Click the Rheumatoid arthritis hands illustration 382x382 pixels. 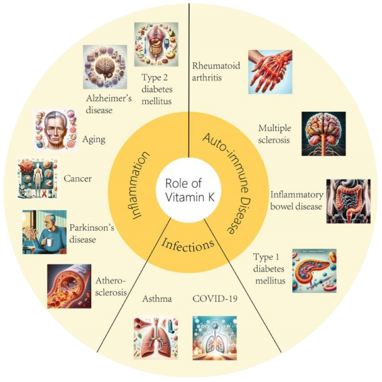coord(270,72)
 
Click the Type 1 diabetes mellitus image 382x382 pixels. coord(314,271)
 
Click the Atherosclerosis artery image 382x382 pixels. coord(69,285)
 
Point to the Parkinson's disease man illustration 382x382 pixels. coord(44,232)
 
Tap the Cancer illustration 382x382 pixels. coord(37,178)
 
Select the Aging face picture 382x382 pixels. coord(52,130)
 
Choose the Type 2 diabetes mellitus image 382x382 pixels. coord(156,44)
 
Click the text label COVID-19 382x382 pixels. coord(215,299)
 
